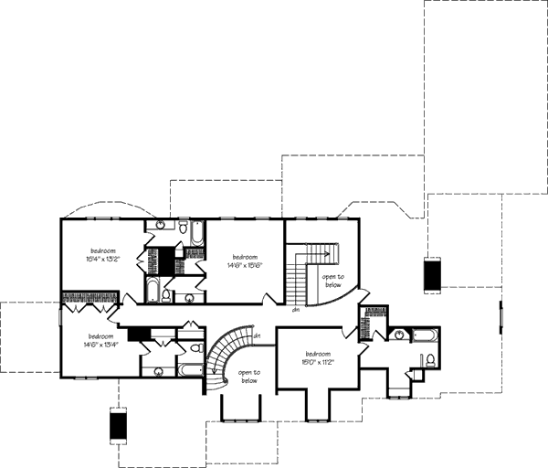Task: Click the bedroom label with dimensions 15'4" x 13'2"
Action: click(x=102, y=255)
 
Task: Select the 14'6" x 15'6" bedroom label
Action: click(x=247, y=261)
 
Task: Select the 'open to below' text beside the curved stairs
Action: click(x=249, y=377)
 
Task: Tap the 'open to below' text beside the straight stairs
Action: click(x=332, y=280)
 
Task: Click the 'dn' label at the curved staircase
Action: click(x=258, y=337)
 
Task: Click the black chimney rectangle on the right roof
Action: click(x=432, y=273)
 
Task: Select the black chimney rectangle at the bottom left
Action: click(x=116, y=424)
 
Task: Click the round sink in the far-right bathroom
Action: click(x=398, y=335)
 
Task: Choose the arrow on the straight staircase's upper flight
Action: click(x=321, y=250)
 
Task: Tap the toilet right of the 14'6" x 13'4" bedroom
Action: click(x=195, y=348)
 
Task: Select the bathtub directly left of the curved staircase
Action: click(x=190, y=370)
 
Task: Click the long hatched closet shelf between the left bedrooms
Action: click(x=89, y=297)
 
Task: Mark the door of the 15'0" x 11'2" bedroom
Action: click(x=363, y=348)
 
